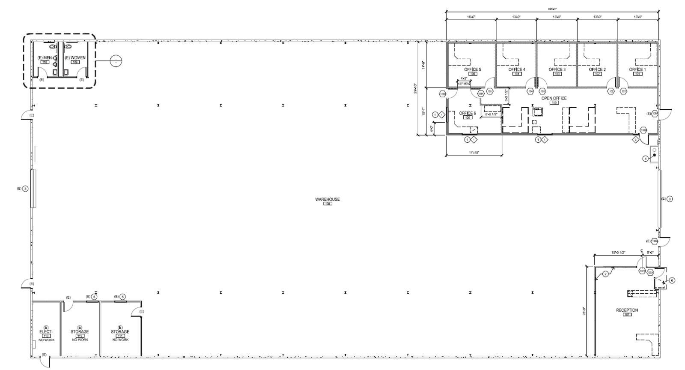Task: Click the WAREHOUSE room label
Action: coord(328,199)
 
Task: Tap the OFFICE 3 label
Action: coord(557,69)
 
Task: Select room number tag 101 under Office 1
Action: coord(637,74)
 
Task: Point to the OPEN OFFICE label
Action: coord(554,98)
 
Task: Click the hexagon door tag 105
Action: coord(490,91)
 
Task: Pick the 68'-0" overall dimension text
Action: coord(552,9)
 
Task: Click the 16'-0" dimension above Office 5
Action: coord(471,17)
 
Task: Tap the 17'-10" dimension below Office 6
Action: coord(474,153)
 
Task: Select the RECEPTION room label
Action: coord(627,310)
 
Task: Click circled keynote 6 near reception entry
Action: coord(672,280)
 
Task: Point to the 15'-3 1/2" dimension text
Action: coord(618,253)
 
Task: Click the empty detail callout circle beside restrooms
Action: coord(116,61)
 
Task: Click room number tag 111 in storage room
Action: coord(120,336)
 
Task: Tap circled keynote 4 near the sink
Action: coord(646,159)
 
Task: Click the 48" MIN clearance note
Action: coord(464,84)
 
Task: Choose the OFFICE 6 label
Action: coord(468,113)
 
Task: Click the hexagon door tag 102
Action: coord(611,91)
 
